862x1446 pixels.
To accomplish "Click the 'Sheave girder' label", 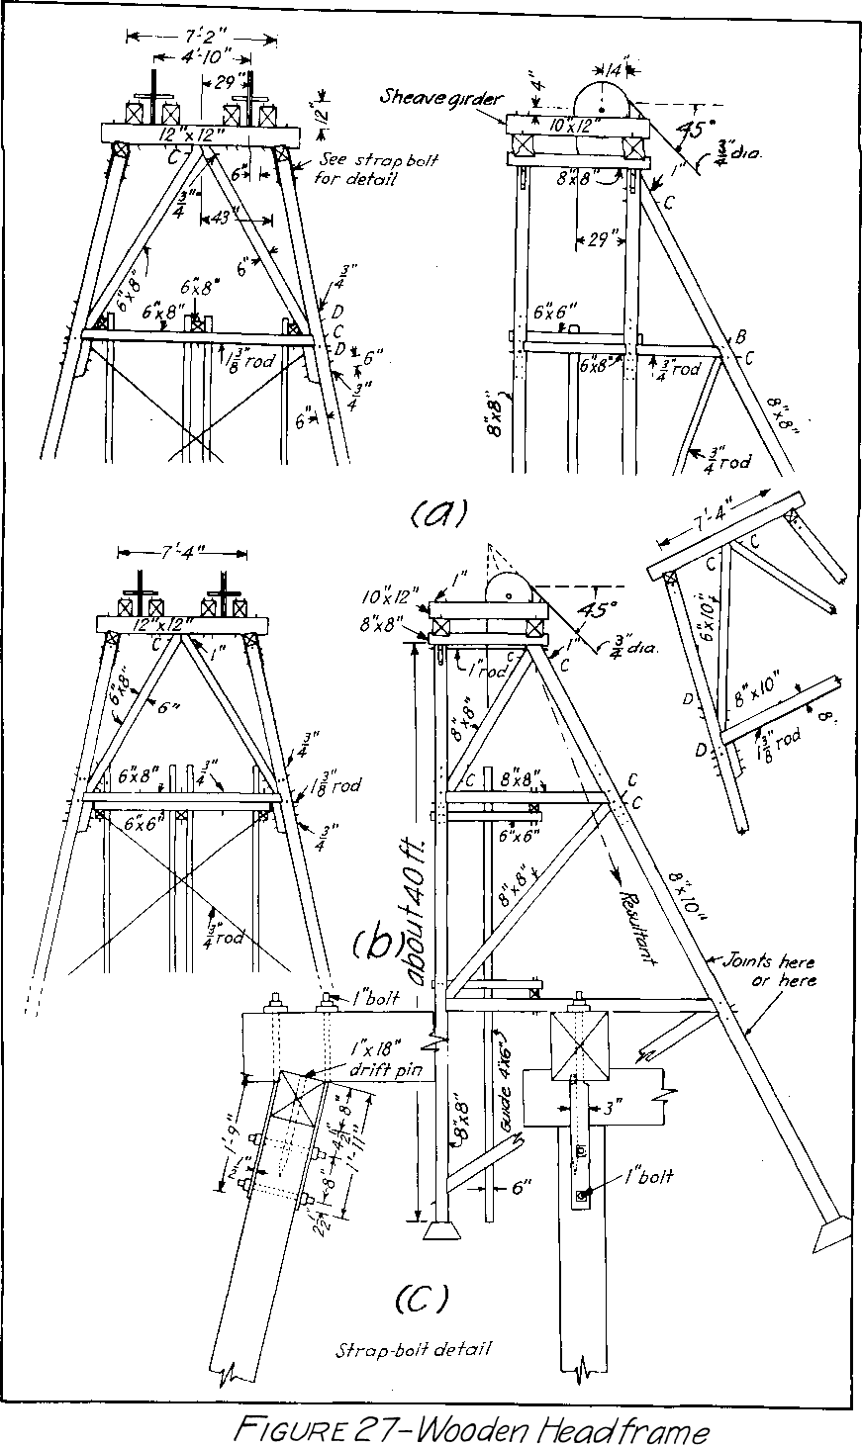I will (x=439, y=97).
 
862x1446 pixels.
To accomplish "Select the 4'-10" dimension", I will (x=201, y=56).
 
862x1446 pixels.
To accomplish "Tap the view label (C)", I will (x=421, y=1298).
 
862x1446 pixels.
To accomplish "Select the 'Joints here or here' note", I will (x=770, y=970).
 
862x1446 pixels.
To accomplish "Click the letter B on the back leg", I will (x=739, y=338).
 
